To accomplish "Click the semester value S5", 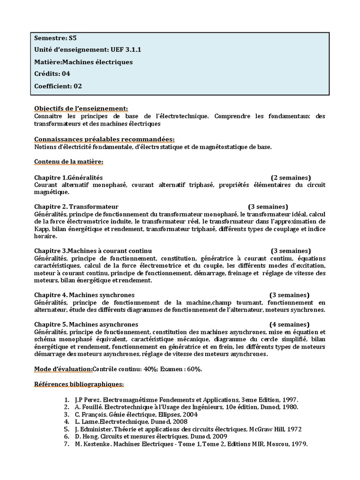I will [x=72, y=38].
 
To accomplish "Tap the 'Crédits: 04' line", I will [x=52, y=74].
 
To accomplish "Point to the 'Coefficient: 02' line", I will [x=58, y=86].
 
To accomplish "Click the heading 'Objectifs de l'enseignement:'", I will [x=81, y=108].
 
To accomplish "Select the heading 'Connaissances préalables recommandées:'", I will [x=104, y=139].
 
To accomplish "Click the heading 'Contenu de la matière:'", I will [x=69, y=162].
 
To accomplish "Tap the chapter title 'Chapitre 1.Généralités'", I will [x=68, y=178].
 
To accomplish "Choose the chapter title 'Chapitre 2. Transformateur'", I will [x=76, y=207].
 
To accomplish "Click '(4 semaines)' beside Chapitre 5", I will [x=289, y=324].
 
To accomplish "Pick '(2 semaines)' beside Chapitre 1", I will [x=291, y=178].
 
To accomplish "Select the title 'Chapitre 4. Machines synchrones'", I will [x=84, y=295].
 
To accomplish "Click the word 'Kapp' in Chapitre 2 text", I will [x=42, y=229].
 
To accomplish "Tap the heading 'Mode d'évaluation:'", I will [x=63, y=369].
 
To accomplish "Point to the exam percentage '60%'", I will [x=194, y=369].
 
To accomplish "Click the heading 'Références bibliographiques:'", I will [x=79, y=384].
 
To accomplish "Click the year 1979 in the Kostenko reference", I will [x=298, y=444].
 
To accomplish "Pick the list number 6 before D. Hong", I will [x=67, y=437].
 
